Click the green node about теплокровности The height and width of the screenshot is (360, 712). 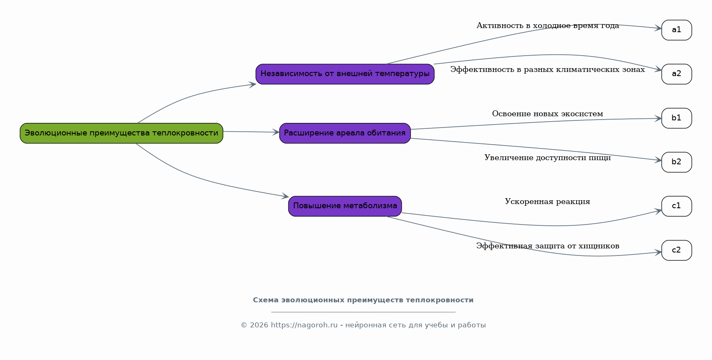[121, 133]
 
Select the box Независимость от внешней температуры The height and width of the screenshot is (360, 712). [345, 74]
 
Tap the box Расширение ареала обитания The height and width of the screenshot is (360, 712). [345, 133]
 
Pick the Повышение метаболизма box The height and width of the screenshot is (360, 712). [345, 207]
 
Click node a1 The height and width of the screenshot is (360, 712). [676, 30]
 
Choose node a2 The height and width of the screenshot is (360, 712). [676, 74]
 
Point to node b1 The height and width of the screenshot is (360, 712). [676, 118]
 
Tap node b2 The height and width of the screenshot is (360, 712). [676, 162]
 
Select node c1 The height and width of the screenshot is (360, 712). [676, 207]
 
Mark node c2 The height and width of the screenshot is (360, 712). [676, 250]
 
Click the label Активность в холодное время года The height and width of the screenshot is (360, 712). [548, 26]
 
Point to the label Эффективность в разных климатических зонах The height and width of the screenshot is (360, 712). [548, 70]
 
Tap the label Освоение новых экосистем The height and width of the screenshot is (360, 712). [548, 114]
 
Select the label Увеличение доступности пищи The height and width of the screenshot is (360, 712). [548, 158]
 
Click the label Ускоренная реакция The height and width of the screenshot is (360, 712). [548, 202]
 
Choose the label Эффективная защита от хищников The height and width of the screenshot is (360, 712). [548, 246]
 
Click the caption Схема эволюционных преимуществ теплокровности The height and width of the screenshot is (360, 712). [363, 300]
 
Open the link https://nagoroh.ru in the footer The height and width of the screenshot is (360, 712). [304, 325]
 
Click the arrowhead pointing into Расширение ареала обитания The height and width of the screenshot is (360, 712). [276, 132]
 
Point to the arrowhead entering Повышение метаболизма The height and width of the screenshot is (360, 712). [285, 196]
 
